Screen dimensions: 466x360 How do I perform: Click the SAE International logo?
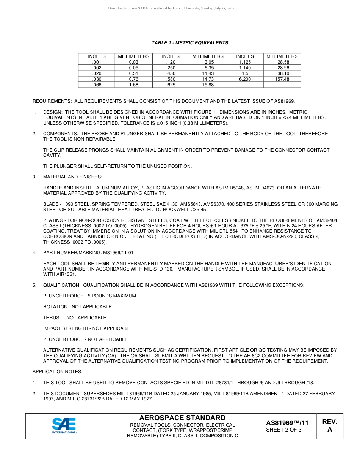click(64, 426)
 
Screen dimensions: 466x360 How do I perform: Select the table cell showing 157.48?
click(282, 79)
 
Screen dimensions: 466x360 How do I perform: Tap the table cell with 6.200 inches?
click(245, 79)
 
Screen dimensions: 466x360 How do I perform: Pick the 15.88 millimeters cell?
click(208, 85)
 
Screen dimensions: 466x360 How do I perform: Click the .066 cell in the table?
click(97, 85)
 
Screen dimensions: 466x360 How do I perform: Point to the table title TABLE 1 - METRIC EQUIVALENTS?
click(190, 43)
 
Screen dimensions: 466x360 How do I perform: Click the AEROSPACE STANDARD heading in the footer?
click(182, 418)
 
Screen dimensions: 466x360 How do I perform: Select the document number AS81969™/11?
click(287, 423)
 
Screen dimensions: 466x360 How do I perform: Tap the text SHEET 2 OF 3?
click(284, 430)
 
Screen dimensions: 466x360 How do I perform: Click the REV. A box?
click(329, 426)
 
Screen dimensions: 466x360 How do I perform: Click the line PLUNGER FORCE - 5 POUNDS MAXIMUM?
click(89, 296)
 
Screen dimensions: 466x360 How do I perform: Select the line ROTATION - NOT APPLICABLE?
click(77, 307)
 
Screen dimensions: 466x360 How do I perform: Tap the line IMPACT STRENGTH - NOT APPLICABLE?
click(88, 328)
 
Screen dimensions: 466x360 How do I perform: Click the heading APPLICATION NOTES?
click(57, 372)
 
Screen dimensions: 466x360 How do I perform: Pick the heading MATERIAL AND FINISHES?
click(72, 177)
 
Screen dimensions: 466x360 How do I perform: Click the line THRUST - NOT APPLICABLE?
click(75, 318)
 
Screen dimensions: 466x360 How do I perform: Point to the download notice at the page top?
click(171, 8)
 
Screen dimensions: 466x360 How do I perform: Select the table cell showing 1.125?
click(245, 62)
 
